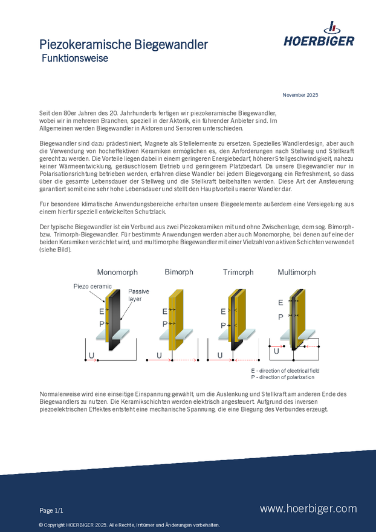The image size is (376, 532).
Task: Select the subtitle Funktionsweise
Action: point(75,59)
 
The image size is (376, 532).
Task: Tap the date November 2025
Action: point(300,95)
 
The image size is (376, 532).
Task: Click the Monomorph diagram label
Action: point(117,272)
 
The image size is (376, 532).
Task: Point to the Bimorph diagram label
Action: point(179,272)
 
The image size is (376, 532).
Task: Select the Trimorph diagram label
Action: point(239,272)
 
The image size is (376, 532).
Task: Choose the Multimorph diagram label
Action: point(296,272)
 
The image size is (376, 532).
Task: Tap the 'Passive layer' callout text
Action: point(138,295)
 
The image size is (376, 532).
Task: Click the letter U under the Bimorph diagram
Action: point(159,355)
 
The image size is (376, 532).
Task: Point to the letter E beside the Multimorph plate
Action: point(280,302)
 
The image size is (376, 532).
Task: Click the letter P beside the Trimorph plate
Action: point(223,325)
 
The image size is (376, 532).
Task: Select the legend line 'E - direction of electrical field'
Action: point(285,370)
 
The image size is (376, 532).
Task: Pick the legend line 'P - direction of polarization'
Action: point(282,377)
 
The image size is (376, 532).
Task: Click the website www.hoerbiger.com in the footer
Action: point(308,509)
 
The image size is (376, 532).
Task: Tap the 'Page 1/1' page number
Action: point(51,510)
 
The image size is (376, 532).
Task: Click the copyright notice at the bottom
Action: point(129,525)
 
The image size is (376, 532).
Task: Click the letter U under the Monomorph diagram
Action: point(91,355)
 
